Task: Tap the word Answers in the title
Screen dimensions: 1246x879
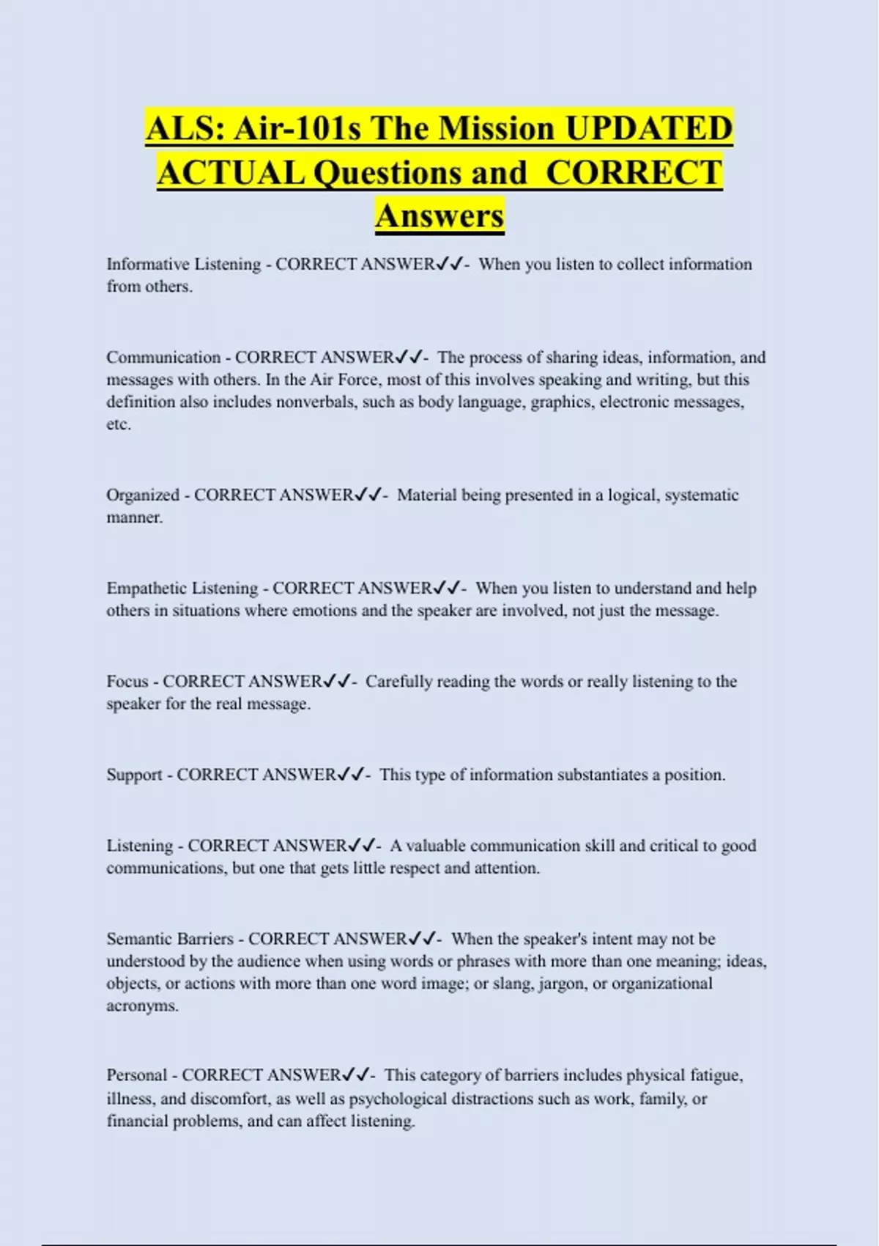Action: pos(439,215)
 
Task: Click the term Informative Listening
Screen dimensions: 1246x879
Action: pos(183,265)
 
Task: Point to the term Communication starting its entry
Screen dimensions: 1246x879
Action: pos(163,358)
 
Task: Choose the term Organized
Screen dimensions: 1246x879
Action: pos(143,495)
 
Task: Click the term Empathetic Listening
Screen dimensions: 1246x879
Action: pos(182,589)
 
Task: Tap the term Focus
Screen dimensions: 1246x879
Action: pos(127,682)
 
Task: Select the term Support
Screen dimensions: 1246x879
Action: pos(134,775)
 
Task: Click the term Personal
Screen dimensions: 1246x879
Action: pos(137,1075)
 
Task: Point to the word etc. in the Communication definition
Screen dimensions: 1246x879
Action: pos(119,424)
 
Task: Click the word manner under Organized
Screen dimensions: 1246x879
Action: pos(134,517)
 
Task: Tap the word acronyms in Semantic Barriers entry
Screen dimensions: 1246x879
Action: pos(142,1006)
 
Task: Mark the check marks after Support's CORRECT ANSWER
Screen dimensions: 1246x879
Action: pos(352,775)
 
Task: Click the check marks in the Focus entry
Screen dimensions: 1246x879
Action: pos(337,682)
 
